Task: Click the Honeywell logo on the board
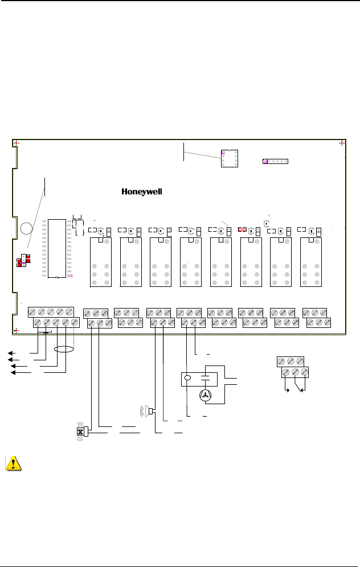142,192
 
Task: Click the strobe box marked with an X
80,432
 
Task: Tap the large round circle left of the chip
26,229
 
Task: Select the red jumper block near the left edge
23,261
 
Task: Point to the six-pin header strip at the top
276,161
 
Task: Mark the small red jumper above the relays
243,229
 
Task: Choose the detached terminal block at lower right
292,367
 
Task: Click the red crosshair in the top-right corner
341,143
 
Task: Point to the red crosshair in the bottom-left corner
17,331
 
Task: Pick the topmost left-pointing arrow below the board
11,353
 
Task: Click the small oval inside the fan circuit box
187,377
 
